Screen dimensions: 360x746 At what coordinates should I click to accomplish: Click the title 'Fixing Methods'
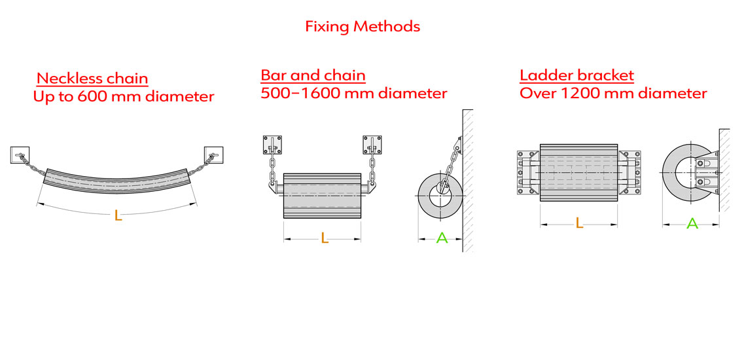tap(363, 27)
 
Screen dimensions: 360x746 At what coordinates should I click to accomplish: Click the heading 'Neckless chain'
tap(92, 79)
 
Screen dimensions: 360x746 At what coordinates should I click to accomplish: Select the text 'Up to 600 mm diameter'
tap(124, 97)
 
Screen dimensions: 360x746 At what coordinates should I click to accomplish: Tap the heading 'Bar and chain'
tap(313, 75)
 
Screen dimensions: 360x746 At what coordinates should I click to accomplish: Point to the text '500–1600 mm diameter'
tap(353, 93)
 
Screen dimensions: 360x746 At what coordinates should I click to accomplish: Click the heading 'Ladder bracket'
tap(577, 75)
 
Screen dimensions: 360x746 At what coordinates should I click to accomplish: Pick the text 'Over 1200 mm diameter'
tap(613, 93)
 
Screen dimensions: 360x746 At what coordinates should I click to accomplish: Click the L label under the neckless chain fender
tap(118, 215)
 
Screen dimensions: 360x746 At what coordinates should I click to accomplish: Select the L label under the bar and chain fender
tap(324, 239)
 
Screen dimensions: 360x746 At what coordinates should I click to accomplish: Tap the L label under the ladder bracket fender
tap(579, 223)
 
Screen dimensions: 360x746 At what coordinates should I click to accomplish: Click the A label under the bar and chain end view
tap(442, 238)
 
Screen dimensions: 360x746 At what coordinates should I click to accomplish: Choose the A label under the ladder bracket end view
tap(692, 223)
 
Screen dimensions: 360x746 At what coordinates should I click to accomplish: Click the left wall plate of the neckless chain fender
tap(19, 154)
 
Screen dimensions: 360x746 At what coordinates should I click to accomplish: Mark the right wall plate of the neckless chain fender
tap(214, 154)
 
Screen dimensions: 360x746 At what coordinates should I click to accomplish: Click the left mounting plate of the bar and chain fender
tap(272, 145)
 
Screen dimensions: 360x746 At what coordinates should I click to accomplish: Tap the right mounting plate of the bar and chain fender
tap(372, 145)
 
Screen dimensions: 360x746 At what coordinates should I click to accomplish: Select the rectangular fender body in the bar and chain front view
tap(322, 196)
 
